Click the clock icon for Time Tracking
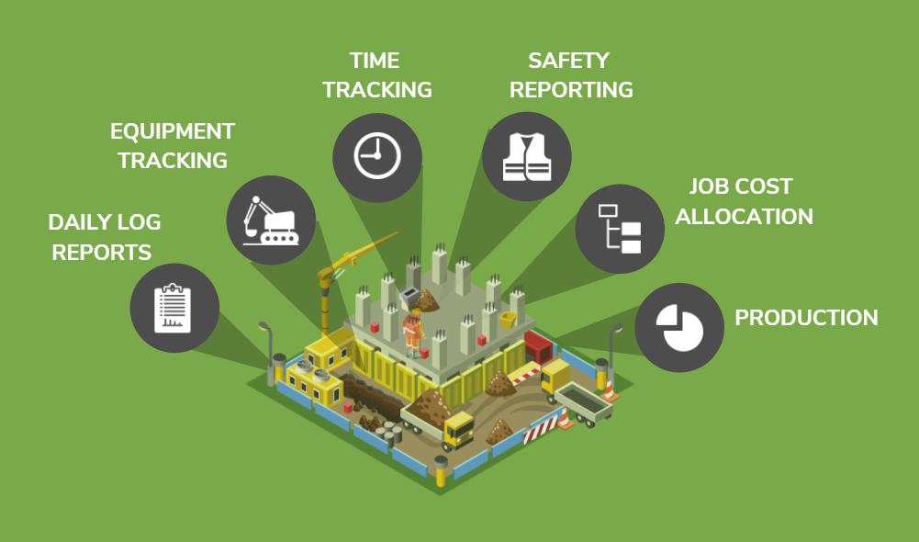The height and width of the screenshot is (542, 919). [376, 157]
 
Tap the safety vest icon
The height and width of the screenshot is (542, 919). [526, 156]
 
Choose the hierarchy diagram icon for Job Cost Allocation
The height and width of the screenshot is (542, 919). [620, 229]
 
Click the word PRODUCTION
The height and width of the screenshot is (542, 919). [806, 318]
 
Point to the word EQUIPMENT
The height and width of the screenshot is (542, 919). [173, 131]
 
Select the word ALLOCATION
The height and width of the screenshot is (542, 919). [750, 217]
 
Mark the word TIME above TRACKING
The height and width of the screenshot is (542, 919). [375, 61]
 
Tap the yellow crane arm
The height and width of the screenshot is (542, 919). [358, 256]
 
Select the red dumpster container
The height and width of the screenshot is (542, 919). [537, 346]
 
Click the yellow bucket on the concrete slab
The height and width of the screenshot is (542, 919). [508, 320]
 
